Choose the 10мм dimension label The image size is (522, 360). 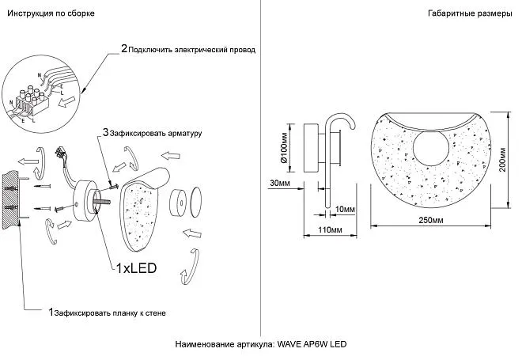point(346,208)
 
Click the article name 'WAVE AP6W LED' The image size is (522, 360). point(312,346)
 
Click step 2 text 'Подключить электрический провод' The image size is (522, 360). point(191,49)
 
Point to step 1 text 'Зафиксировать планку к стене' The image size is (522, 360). point(111,313)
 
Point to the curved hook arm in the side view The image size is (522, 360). point(335,127)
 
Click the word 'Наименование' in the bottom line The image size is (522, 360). point(204,346)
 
